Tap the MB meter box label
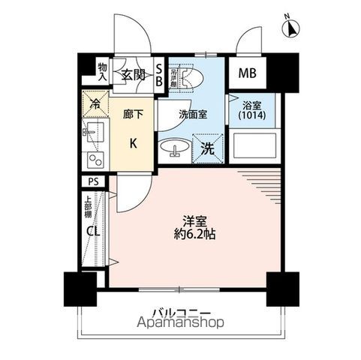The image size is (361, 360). point(247,73)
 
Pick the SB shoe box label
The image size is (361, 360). point(159,75)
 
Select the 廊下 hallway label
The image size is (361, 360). point(132,115)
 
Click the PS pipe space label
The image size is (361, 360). point(94,181)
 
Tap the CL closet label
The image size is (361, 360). point(93,231)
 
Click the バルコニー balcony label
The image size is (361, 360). point(180,312)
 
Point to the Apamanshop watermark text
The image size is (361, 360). point(180,325)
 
